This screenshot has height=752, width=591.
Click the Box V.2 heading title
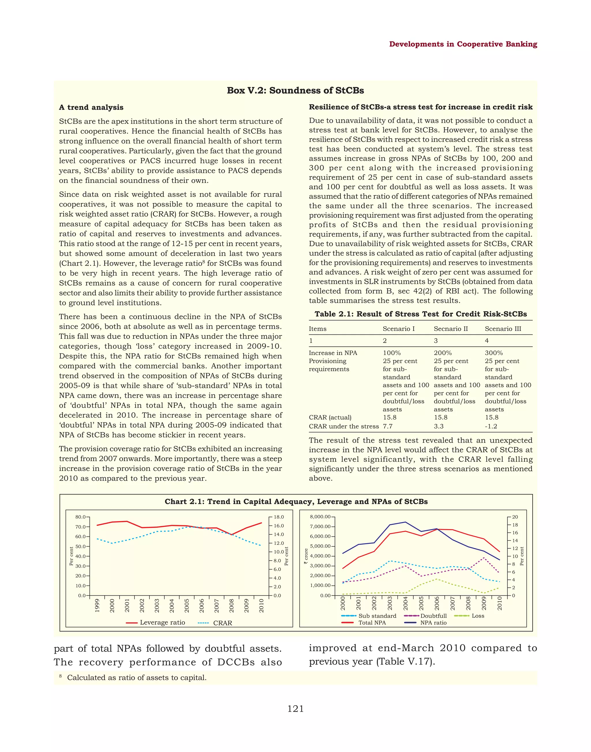pyautogui.click(x=295, y=90)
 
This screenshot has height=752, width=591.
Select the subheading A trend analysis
pyautogui.click(x=91, y=107)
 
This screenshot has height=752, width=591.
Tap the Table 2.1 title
pyautogui.click(x=420, y=314)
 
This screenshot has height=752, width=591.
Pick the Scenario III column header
pyautogui.click(x=503, y=329)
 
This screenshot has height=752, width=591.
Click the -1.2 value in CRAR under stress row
pyautogui.click(x=491, y=426)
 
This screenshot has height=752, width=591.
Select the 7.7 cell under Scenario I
pyautogui.click(x=388, y=426)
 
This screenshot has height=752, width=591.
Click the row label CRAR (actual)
pyautogui.click(x=330, y=417)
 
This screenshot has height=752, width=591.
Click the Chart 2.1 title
pyautogui.click(x=296, y=502)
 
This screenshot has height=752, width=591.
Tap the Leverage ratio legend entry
pyautogui.click(x=162, y=622)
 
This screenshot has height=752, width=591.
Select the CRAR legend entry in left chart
pyautogui.click(x=222, y=623)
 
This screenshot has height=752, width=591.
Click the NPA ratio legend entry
pyautogui.click(x=433, y=622)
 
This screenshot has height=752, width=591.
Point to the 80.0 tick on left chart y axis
pyautogui.click(x=80, y=517)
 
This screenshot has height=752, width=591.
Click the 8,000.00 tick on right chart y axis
pyautogui.click(x=320, y=517)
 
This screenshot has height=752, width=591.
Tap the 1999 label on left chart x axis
pyautogui.click(x=97, y=606)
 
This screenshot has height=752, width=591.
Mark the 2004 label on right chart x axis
pyautogui.click(x=405, y=603)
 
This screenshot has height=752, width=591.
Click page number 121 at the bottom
pyautogui.click(x=295, y=709)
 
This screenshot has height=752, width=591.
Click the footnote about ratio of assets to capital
pyautogui.click(x=136, y=678)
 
